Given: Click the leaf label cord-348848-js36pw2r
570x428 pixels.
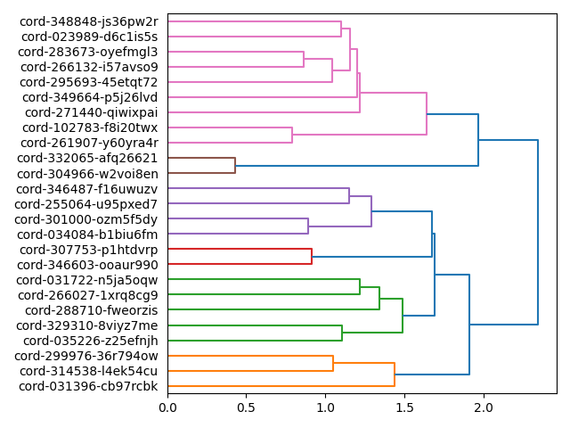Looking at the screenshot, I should pos(89,21).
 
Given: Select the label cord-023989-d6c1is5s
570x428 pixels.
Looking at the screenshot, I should pos(89,37).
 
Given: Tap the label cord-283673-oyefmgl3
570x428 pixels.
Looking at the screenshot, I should pos(88,52).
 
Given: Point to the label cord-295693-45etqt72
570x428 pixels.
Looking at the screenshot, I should pos(89,82).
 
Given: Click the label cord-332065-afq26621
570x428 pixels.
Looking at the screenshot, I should pos(88,158).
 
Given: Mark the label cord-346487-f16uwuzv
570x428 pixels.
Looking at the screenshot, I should pos(88,189).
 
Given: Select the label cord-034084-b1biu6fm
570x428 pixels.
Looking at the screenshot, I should pos(88,235).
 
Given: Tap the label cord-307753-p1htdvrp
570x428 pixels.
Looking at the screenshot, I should pos(89,250).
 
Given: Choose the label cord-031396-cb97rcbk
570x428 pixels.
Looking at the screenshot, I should pos(88,386).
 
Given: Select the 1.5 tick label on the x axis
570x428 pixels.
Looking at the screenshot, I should pos(404,408).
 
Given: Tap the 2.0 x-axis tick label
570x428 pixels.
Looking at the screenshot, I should pos(484,408).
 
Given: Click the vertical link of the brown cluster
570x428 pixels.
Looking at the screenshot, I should pos(235,166).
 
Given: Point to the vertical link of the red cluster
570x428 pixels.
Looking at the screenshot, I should pos(312,257).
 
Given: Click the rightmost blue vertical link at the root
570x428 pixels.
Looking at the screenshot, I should pos(538,232).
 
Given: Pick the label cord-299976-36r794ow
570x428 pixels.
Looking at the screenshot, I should pos(89,356).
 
